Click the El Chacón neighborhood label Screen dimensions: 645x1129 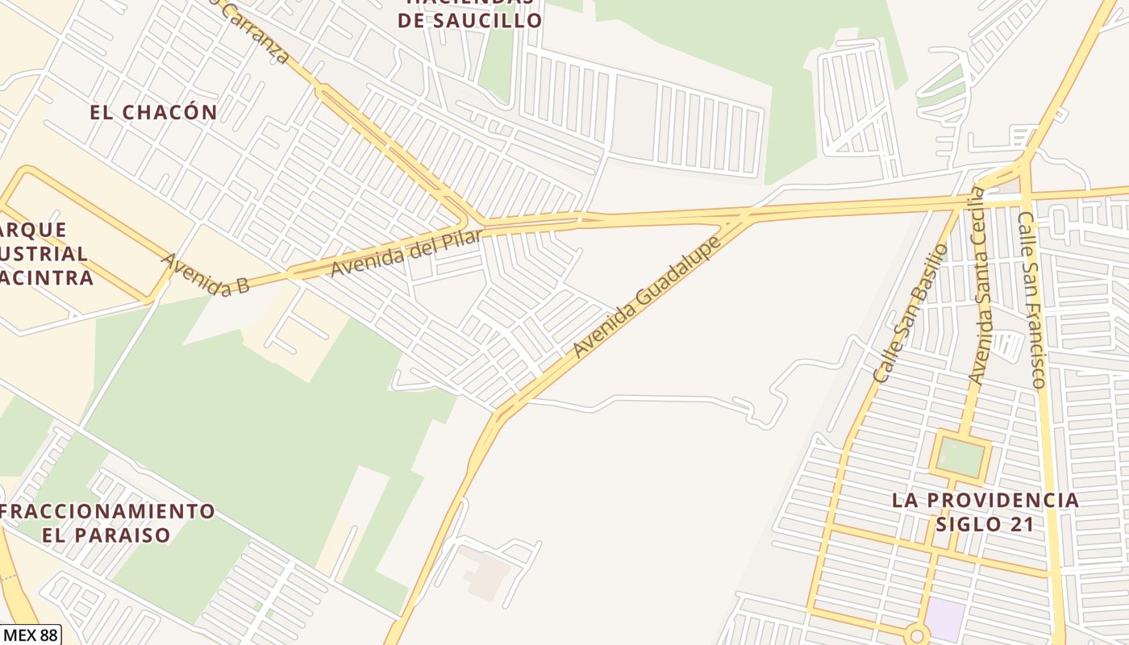coord(153,112)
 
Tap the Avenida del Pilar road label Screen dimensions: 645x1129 coord(406,252)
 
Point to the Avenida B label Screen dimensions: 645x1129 coord(205,274)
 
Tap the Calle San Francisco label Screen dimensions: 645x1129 coord(1031,299)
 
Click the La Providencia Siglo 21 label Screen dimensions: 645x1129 coord(985,512)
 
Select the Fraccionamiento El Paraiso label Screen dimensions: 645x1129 coord(108,522)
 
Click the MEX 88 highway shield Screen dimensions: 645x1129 coord(30,635)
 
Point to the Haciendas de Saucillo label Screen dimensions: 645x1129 coord(469,12)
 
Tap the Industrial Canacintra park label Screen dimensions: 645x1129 coord(44,254)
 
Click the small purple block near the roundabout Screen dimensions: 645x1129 coord(945,619)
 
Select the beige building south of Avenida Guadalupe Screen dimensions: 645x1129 coord(485,573)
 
